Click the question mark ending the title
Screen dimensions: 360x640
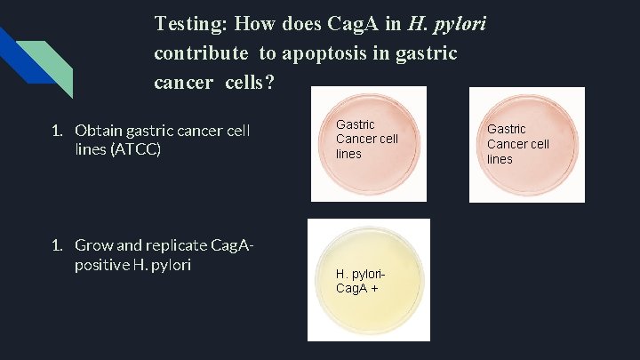[x=270, y=83]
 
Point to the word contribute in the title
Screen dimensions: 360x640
[x=201, y=53]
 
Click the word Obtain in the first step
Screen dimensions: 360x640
[x=100, y=132]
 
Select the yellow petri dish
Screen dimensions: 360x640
[x=368, y=280]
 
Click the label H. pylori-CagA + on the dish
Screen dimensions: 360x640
[x=360, y=281]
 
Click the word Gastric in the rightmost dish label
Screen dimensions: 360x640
[x=506, y=129]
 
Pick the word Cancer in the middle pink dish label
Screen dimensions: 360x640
[x=356, y=139]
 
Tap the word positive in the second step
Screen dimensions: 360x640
[x=100, y=264]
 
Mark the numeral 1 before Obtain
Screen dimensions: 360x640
[x=55, y=132]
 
